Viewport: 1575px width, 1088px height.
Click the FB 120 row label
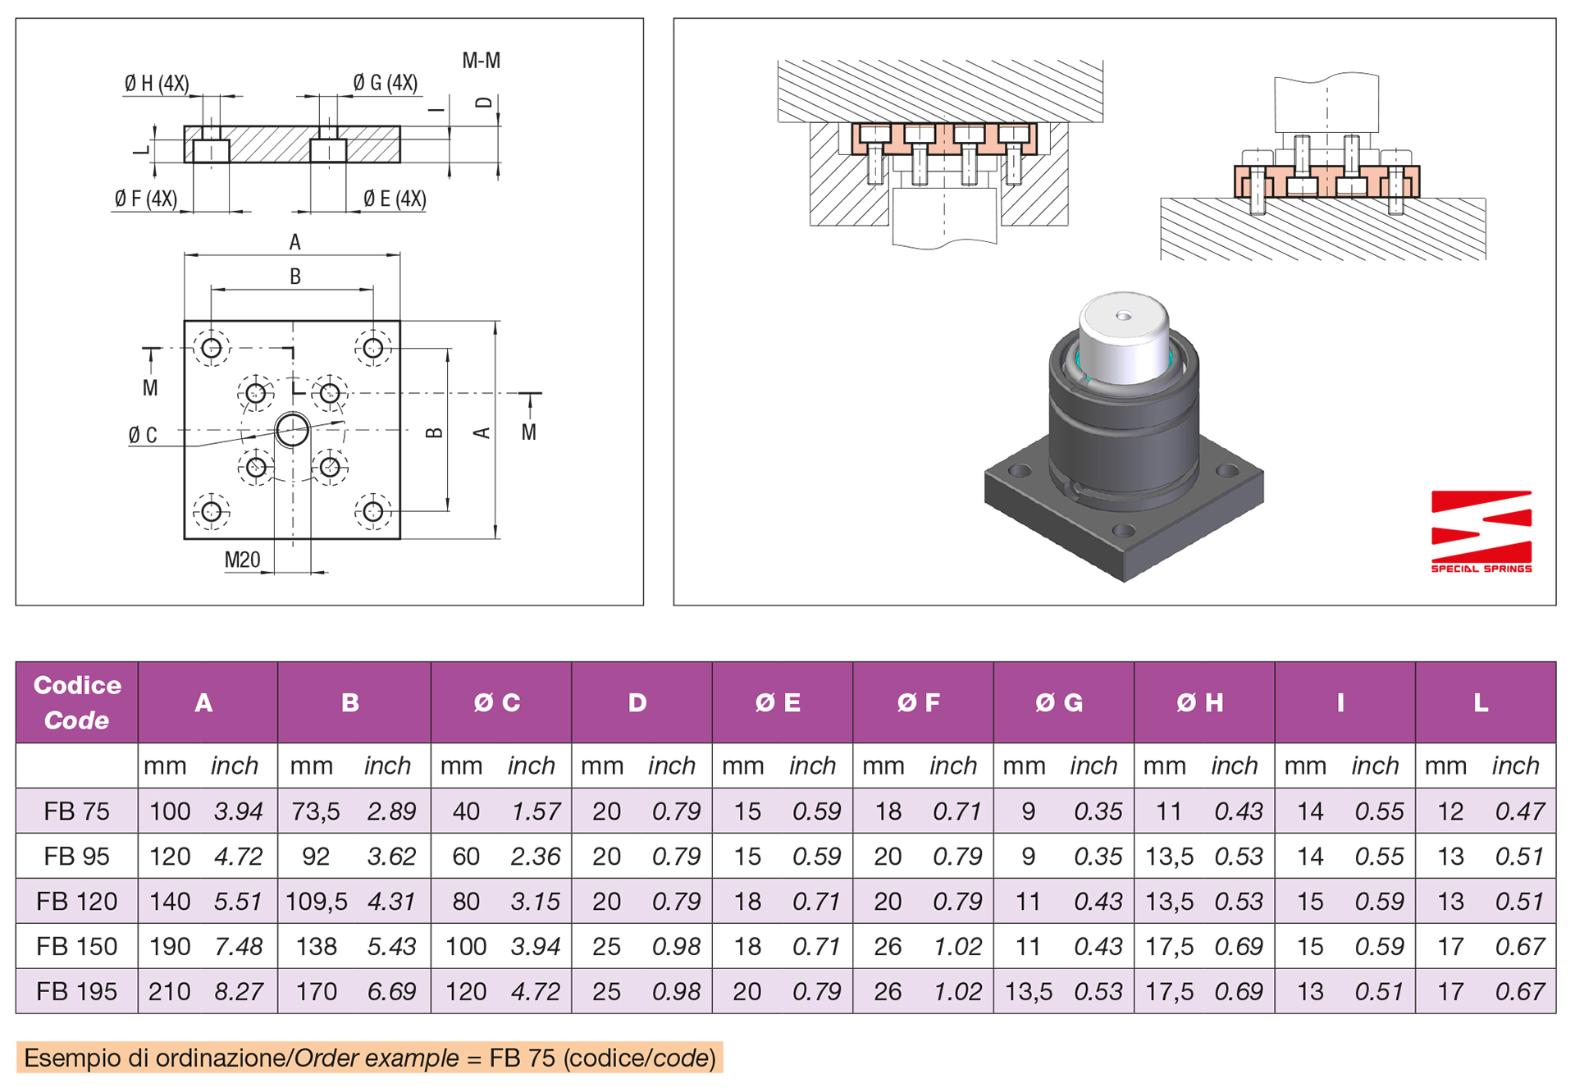(76, 902)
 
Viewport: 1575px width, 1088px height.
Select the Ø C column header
(497, 703)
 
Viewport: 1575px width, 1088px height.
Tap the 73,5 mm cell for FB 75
(315, 811)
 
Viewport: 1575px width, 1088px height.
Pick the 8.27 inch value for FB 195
(238, 992)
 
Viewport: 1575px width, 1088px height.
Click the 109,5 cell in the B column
(316, 902)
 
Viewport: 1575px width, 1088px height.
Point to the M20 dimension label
(242, 560)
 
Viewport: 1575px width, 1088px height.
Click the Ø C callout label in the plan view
(143, 436)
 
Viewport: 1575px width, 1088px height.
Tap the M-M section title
(481, 61)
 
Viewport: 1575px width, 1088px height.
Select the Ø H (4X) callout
(157, 84)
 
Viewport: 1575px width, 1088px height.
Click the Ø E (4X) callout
(395, 199)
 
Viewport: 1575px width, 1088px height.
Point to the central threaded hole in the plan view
(292, 429)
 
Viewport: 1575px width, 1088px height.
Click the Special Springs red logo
(1481, 530)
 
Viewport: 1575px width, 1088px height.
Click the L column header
(1481, 703)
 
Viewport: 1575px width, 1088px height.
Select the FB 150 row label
(76, 947)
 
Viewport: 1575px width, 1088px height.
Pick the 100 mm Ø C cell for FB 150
(465, 947)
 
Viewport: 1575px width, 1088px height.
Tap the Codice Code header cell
(76, 702)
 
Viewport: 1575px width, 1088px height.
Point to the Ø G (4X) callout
(385, 84)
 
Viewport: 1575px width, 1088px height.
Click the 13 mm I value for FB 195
(1309, 992)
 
